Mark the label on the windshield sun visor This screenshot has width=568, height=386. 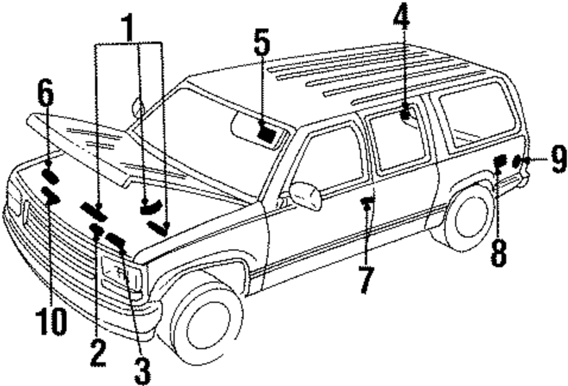point(265,134)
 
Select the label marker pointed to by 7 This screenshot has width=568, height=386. point(367,200)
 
